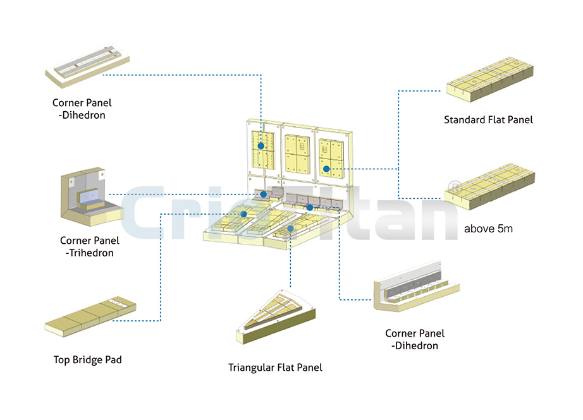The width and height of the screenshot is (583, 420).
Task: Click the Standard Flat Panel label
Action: pos(488,119)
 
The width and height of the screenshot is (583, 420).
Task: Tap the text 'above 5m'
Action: pos(488,228)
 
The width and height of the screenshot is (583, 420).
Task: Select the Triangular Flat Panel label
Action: pos(275,367)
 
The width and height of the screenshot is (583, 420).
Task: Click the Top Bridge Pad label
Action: pos(88,360)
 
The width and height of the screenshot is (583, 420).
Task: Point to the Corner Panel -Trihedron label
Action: pos(89,246)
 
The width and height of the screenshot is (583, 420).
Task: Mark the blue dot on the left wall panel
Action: pos(261,146)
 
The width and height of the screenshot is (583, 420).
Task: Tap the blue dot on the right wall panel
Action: pos(326,169)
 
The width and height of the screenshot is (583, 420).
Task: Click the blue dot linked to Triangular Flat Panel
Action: pos(290,228)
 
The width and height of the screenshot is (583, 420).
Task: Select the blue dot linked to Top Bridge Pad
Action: pos(243,214)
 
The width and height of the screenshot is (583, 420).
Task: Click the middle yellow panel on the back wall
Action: pos(297,153)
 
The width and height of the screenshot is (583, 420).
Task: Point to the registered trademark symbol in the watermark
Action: pos(453,186)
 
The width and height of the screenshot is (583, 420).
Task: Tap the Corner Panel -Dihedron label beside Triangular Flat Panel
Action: pos(415,339)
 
